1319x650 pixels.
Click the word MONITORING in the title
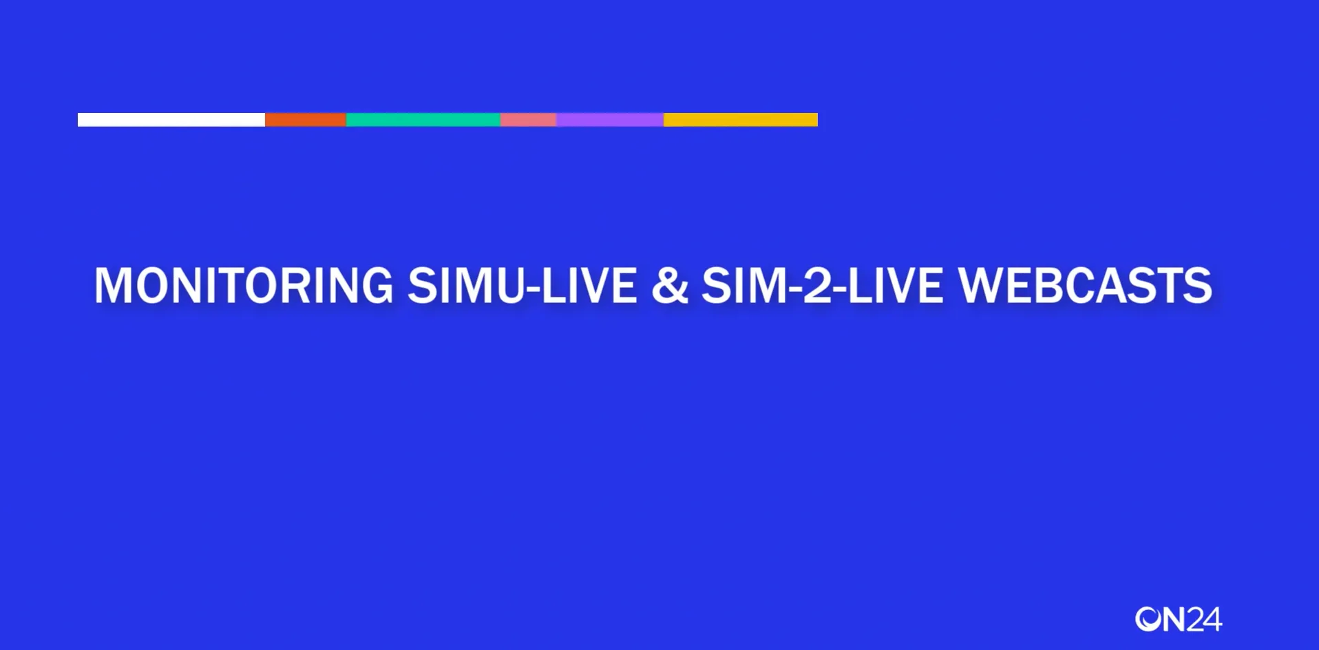pos(244,285)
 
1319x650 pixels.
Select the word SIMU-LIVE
pos(522,285)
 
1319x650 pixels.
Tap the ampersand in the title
pos(669,285)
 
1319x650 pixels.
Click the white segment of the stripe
pos(171,120)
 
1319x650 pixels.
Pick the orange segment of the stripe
pos(305,120)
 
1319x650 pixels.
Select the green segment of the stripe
pos(423,120)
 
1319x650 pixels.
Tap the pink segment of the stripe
pos(528,120)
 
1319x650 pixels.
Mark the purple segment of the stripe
pos(609,120)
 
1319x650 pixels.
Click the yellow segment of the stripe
pos(740,120)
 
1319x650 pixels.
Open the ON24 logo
pos(1178,619)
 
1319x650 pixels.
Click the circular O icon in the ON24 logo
pos(1148,619)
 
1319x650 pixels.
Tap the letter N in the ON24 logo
pos(1174,619)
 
